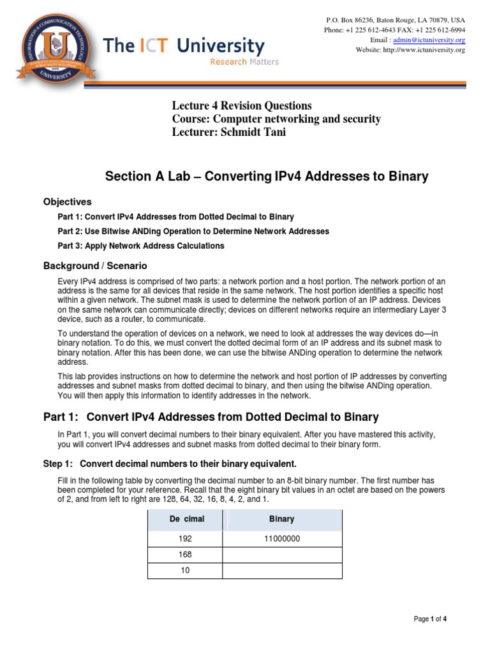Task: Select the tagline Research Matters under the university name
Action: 244,62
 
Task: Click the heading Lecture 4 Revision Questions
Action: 242,105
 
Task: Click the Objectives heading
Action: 68,202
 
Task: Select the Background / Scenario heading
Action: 95,265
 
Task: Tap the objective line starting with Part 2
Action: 193,231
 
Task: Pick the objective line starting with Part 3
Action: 141,246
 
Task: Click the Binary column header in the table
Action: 282,519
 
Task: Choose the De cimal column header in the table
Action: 186,519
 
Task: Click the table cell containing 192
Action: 185,539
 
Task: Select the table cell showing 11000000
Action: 282,539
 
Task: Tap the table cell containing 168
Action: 185,555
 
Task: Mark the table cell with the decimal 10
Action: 185,571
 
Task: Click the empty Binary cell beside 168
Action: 282,555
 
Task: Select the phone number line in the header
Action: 394,30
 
